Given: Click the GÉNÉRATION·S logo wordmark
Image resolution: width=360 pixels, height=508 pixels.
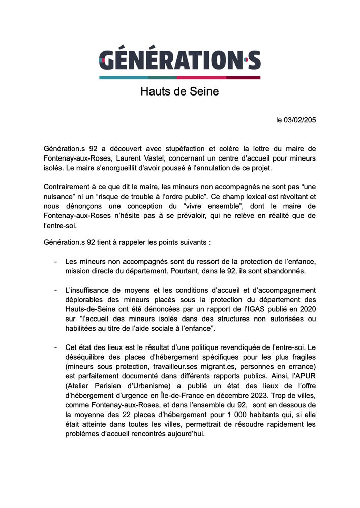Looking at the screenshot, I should click(x=179, y=60).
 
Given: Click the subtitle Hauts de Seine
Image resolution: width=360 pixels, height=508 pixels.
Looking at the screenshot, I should click(x=179, y=92).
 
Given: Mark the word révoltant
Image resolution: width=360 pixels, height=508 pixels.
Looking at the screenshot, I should click(x=290, y=196).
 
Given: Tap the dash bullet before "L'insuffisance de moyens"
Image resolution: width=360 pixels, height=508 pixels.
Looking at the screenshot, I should click(x=55, y=290).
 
